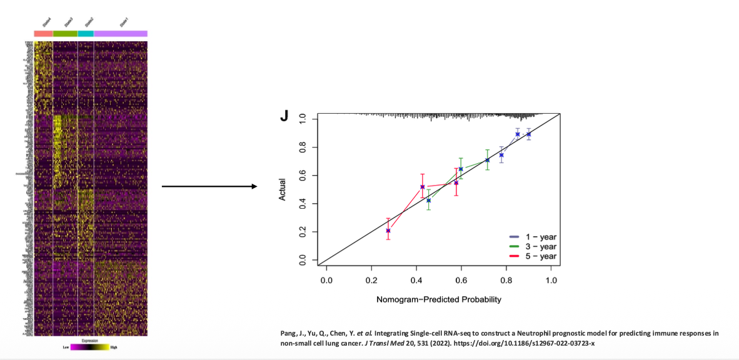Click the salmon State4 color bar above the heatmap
(x=43, y=34)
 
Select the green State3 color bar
(x=65, y=34)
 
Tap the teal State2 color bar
(x=86, y=34)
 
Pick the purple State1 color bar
(x=121, y=34)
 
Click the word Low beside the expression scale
(x=66, y=346)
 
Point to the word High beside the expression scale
(x=114, y=346)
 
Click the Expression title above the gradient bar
(x=91, y=341)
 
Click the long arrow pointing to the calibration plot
(x=209, y=186)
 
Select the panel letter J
(x=284, y=116)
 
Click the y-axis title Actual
(x=283, y=190)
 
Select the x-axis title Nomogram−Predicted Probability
(x=438, y=299)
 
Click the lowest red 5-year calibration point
(x=388, y=231)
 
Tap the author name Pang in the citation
(x=288, y=333)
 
